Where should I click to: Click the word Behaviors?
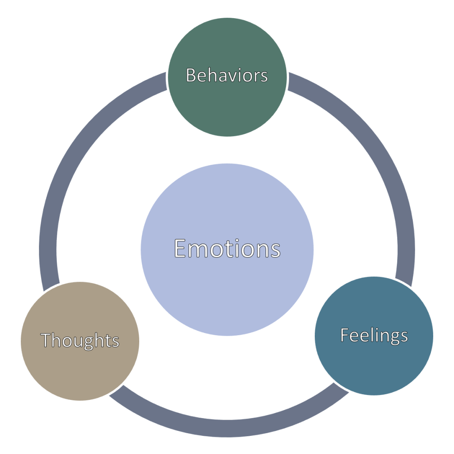227,75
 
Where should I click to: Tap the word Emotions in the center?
227,248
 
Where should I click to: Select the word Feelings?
374,335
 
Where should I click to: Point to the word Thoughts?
80,340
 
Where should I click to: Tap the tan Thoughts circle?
80,372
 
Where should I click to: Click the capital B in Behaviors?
191,75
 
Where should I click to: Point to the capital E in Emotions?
180,248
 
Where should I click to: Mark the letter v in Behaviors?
236,76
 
